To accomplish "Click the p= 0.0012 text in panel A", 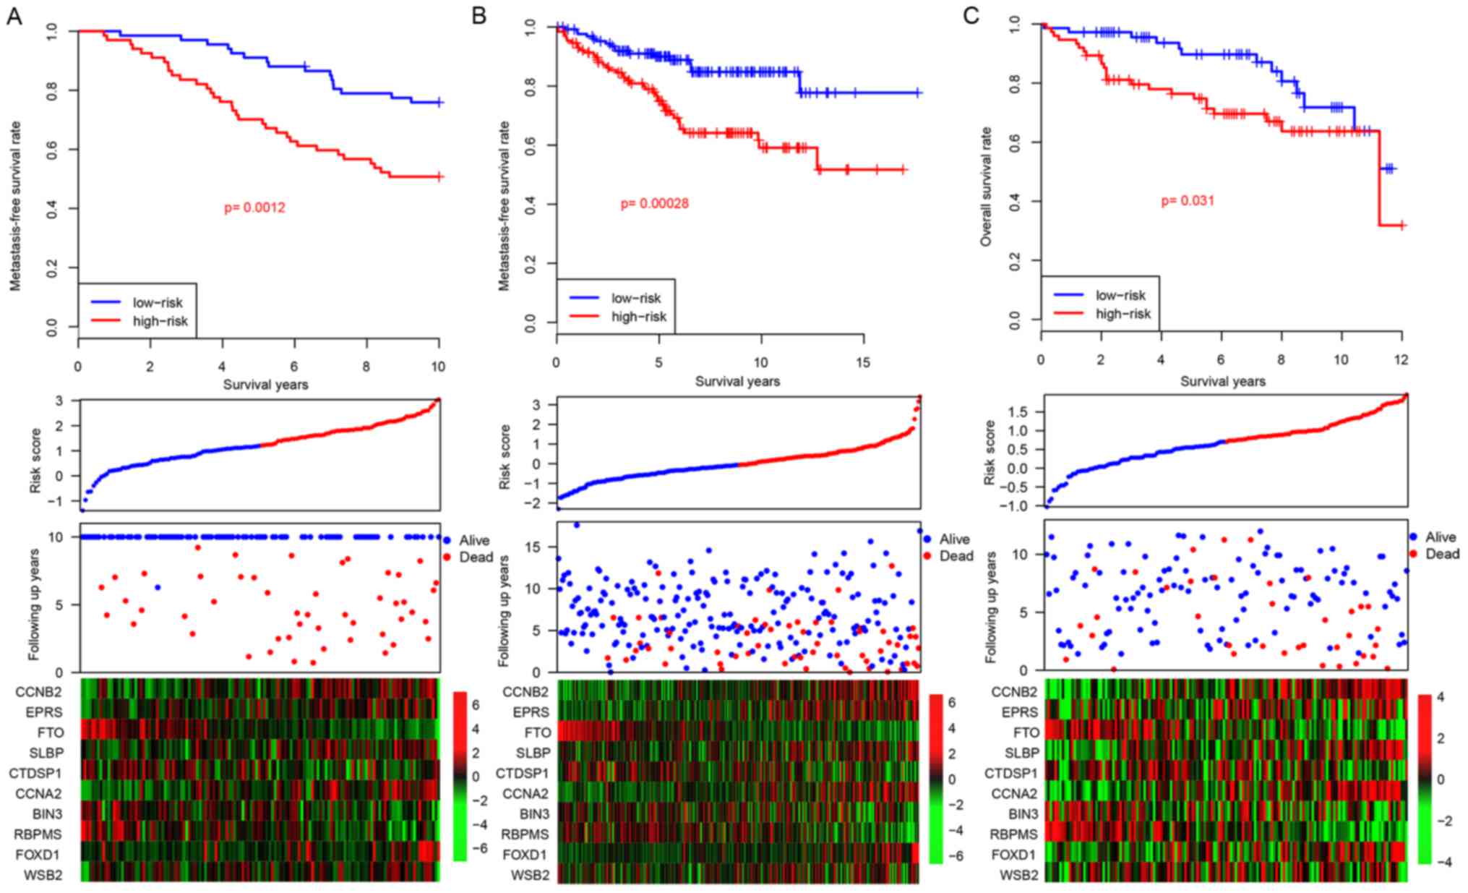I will (x=254, y=208).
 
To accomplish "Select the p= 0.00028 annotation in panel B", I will (x=654, y=204).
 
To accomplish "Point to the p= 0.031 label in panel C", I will (x=1188, y=201).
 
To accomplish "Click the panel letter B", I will (x=478, y=15).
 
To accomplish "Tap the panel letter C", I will (x=971, y=15).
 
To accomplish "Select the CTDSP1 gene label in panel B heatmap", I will (x=522, y=774).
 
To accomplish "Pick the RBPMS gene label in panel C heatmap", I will (x=1013, y=834).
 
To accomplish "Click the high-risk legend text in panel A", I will (x=160, y=321).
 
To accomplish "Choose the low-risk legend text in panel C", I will (x=1120, y=295).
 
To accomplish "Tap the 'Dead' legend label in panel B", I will (x=956, y=556).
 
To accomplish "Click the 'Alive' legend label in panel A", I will (x=474, y=540).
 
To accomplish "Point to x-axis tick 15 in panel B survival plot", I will (x=863, y=362).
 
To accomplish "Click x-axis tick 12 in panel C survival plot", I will (x=1401, y=360).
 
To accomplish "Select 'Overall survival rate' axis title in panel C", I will (x=986, y=187).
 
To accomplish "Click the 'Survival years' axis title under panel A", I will (x=265, y=385).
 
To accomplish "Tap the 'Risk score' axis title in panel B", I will (x=505, y=457).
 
